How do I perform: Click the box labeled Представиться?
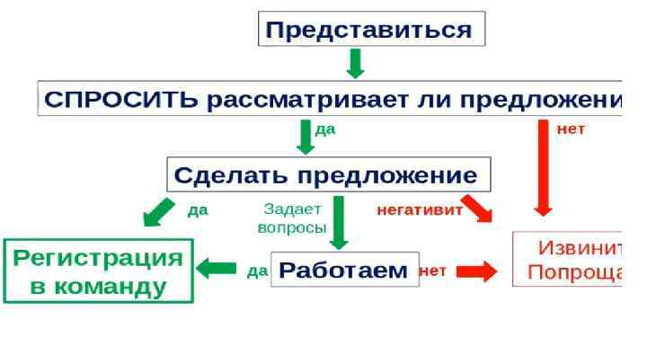(x=372, y=30)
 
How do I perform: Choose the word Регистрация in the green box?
(x=99, y=259)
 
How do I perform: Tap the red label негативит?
(x=420, y=211)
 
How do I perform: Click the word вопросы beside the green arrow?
(x=291, y=228)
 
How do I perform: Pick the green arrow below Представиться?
(x=356, y=63)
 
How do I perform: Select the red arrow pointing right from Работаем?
(x=476, y=271)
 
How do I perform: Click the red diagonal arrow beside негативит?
(x=477, y=209)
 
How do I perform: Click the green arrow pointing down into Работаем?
(x=339, y=222)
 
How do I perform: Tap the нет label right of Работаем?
(x=433, y=270)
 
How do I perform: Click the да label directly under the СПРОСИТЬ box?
(x=325, y=129)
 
